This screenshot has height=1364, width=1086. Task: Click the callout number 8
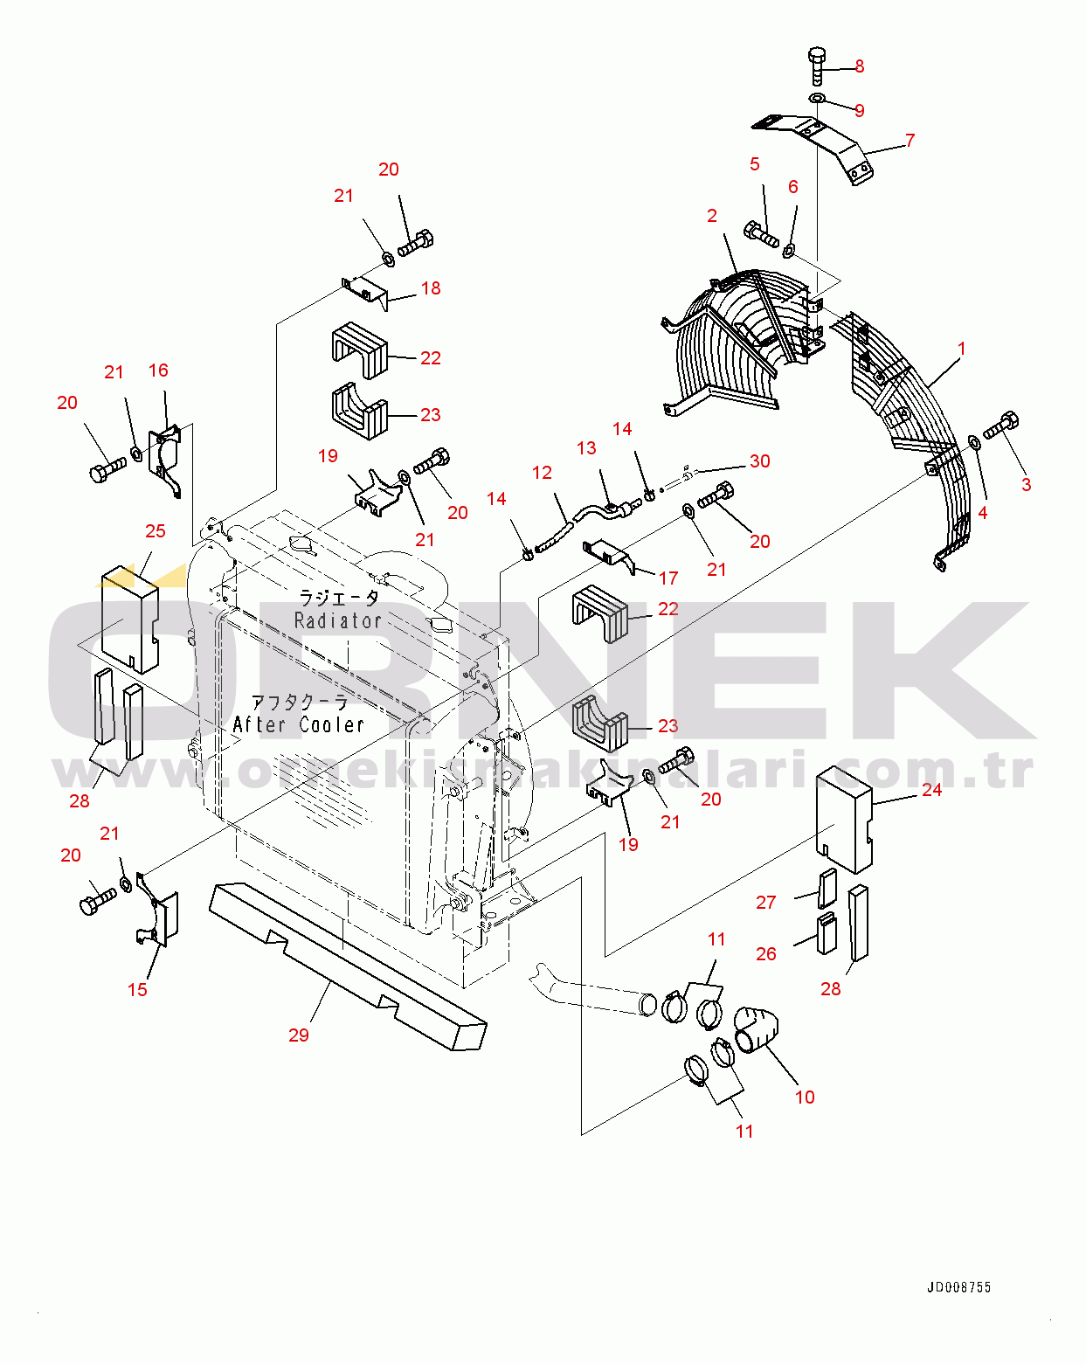click(860, 66)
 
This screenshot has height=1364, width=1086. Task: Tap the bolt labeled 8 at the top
click(816, 66)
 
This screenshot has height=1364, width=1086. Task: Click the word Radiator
click(338, 621)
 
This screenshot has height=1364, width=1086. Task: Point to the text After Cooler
click(299, 724)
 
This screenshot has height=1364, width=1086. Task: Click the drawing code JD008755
click(958, 1287)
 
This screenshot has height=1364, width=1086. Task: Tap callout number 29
click(299, 1035)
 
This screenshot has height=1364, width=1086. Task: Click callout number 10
click(805, 1097)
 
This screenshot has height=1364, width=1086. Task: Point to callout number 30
click(760, 461)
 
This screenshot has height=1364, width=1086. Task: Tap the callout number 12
click(542, 473)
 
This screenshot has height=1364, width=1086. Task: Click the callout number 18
click(431, 288)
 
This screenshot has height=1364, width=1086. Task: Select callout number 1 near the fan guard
click(962, 349)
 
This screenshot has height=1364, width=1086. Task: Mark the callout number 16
click(158, 370)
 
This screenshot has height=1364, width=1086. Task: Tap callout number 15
click(137, 990)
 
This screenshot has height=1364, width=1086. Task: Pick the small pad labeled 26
click(827, 933)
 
